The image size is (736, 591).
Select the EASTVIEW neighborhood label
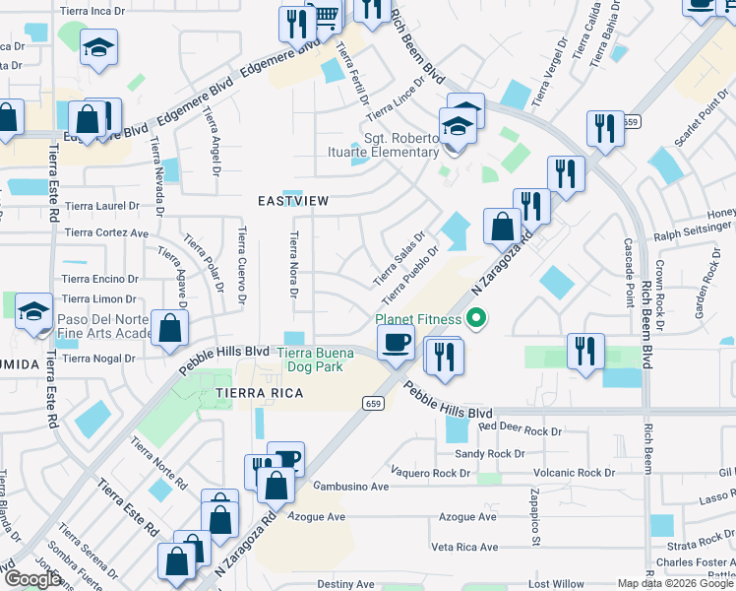pos(292,200)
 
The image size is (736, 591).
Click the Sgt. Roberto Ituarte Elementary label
pos(401,145)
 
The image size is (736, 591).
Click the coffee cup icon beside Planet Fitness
pos(396,343)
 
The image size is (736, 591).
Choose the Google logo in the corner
pos(32,579)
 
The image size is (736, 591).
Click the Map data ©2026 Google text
pos(673,583)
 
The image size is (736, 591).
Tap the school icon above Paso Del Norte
pos(34,313)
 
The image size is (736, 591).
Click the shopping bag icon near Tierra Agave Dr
pos(169,329)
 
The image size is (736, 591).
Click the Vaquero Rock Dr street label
pos(431,473)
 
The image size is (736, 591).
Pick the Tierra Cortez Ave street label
pos(105,233)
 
